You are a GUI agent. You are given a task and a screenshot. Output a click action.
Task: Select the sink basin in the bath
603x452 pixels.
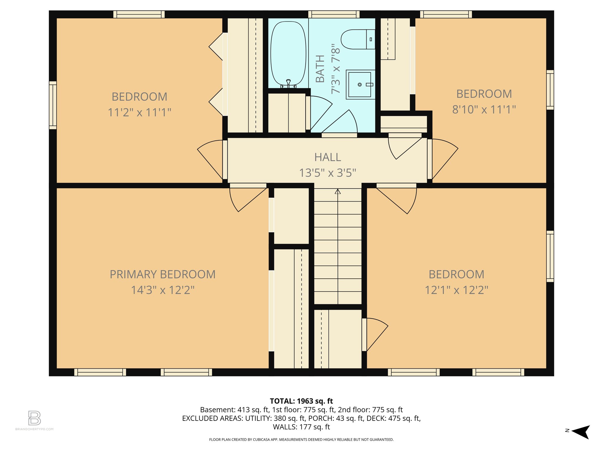point(360,84)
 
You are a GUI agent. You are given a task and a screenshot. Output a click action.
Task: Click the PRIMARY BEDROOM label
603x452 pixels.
point(163,274)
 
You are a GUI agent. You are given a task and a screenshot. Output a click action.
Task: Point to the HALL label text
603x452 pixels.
point(327,157)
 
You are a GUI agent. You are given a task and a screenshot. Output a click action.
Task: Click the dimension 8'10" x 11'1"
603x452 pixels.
point(484,109)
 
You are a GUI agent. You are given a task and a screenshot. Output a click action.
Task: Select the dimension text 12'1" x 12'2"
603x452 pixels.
point(456,290)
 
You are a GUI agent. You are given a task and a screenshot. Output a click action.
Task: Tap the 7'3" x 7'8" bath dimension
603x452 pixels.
point(336,69)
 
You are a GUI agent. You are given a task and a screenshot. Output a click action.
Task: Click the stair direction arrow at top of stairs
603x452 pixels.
point(338,192)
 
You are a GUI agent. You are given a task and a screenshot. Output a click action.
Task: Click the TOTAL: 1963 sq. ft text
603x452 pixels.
point(301,401)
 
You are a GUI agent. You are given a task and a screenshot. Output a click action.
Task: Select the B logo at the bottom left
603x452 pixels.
point(34,418)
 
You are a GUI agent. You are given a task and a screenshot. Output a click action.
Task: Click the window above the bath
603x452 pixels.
point(334,14)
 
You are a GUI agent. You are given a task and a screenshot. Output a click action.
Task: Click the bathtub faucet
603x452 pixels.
point(288,83)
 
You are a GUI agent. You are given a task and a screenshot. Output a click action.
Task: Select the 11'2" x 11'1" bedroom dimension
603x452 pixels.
point(139,112)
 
